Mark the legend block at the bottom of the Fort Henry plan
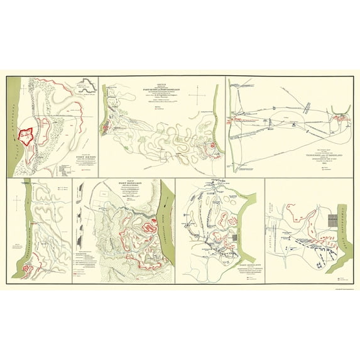(70, 168)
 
